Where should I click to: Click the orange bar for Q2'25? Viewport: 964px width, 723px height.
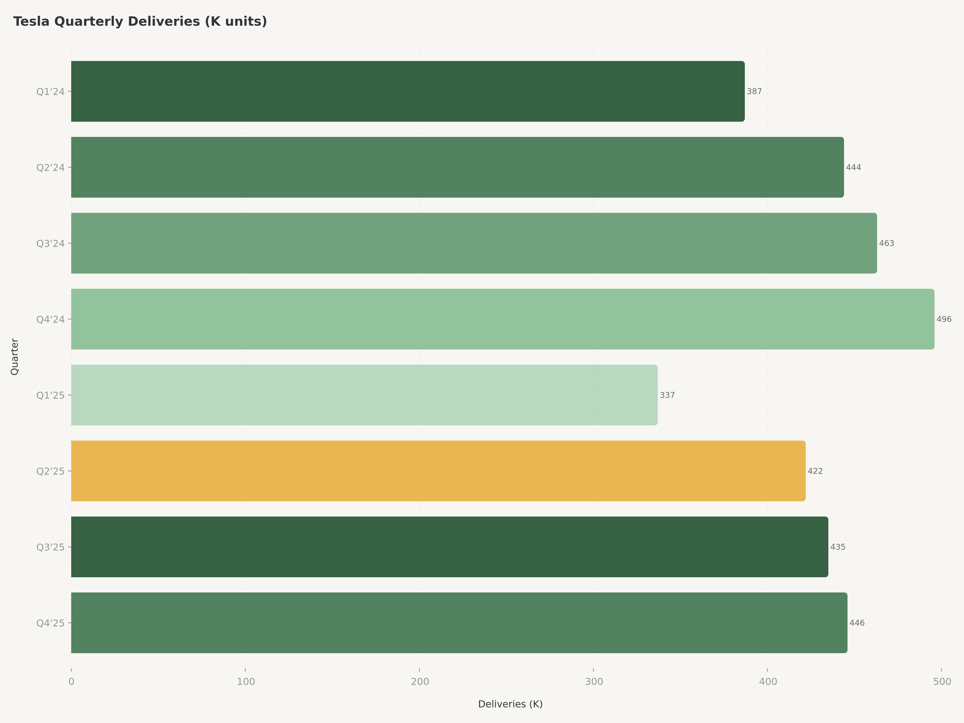coord(438,471)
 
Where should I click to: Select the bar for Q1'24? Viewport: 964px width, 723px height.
coord(408,92)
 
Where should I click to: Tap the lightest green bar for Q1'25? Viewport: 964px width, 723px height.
coord(364,395)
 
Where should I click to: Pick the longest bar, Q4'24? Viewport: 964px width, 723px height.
coord(502,319)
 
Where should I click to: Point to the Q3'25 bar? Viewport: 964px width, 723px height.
coord(449,547)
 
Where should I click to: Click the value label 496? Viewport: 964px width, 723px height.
coord(944,319)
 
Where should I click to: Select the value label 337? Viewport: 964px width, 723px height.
coord(667,395)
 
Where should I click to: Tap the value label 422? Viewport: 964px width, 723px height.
coord(815,471)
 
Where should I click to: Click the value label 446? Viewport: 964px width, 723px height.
coord(857,623)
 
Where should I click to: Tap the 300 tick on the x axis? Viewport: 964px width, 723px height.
coord(594,681)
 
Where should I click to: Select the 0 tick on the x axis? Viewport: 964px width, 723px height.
coord(71,681)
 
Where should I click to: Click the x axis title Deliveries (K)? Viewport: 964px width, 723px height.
coord(510,704)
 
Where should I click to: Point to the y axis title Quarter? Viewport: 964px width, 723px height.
coord(14,356)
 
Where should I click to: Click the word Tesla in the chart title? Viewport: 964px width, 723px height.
coord(31,21)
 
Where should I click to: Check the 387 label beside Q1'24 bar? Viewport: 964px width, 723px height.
coord(754,92)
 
